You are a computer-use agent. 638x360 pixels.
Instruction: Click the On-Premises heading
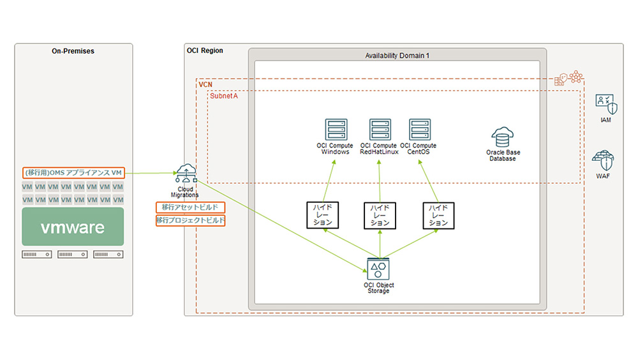click(73, 51)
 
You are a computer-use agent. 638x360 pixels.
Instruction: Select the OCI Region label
click(205, 51)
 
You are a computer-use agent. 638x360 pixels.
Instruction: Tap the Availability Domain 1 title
click(397, 56)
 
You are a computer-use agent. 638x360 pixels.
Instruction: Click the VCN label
click(205, 84)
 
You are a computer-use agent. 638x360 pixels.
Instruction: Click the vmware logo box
click(73, 227)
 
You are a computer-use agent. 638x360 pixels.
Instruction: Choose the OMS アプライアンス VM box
click(73, 173)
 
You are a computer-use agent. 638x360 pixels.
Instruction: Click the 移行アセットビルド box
click(190, 207)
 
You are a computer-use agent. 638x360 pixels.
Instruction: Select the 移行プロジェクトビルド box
click(190, 220)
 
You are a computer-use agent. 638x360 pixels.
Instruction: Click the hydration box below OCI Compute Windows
click(323, 216)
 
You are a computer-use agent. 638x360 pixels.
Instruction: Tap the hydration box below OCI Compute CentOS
click(438, 216)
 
